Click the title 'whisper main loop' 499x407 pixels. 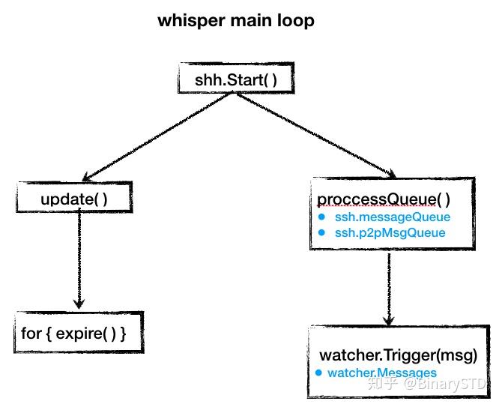tap(235, 21)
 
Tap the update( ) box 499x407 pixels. tap(74, 199)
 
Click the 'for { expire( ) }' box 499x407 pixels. tap(79, 332)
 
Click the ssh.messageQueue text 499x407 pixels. tap(392, 217)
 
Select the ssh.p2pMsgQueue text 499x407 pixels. tap(390, 232)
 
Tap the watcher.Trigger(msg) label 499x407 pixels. tap(398, 355)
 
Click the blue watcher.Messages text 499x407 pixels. tap(382, 372)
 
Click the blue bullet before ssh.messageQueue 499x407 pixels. tap(321, 217)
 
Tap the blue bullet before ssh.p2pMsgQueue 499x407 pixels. tap(321, 232)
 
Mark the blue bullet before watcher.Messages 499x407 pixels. tap(318, 372)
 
